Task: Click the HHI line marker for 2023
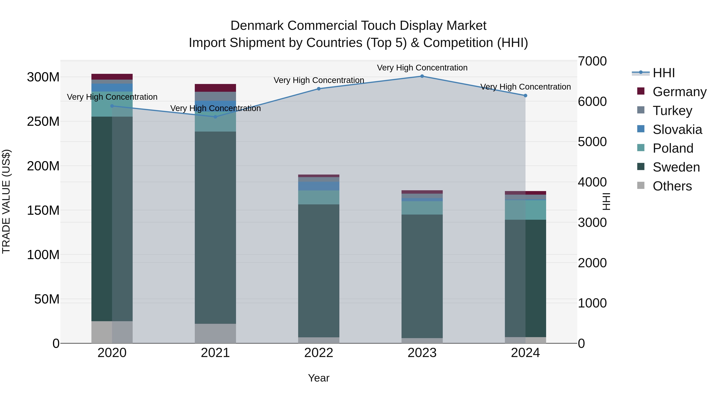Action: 422,76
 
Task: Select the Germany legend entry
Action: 679,92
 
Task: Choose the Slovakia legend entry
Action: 677,130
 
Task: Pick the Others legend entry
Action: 672,186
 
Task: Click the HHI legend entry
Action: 664,73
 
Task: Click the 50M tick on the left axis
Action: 47,299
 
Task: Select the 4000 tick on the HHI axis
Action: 592,182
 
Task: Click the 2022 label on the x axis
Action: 319,353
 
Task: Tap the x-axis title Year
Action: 319,378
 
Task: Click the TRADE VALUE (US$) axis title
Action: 6,201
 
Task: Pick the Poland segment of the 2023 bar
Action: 422,208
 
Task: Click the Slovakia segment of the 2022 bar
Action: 319,186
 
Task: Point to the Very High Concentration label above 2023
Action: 422,68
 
